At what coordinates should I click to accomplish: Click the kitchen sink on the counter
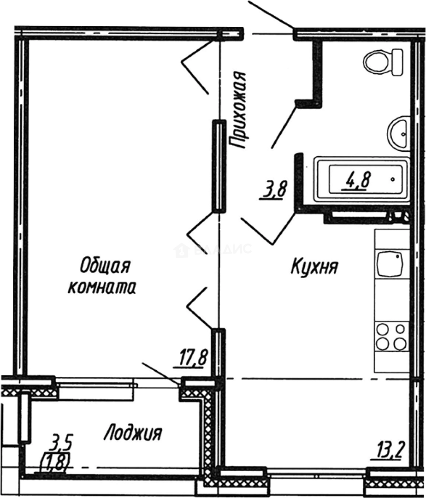(x=390, y=264)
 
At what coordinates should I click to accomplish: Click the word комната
(x=102, y=288)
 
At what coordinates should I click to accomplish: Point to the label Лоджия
(x=133, y=433)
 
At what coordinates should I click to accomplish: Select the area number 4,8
(x=356, y=180)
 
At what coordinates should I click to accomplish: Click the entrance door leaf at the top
(x=272, y=14)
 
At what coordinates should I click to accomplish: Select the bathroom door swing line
(x=282, y=125)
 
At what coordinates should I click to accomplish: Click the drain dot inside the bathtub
(x=392, y=177)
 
